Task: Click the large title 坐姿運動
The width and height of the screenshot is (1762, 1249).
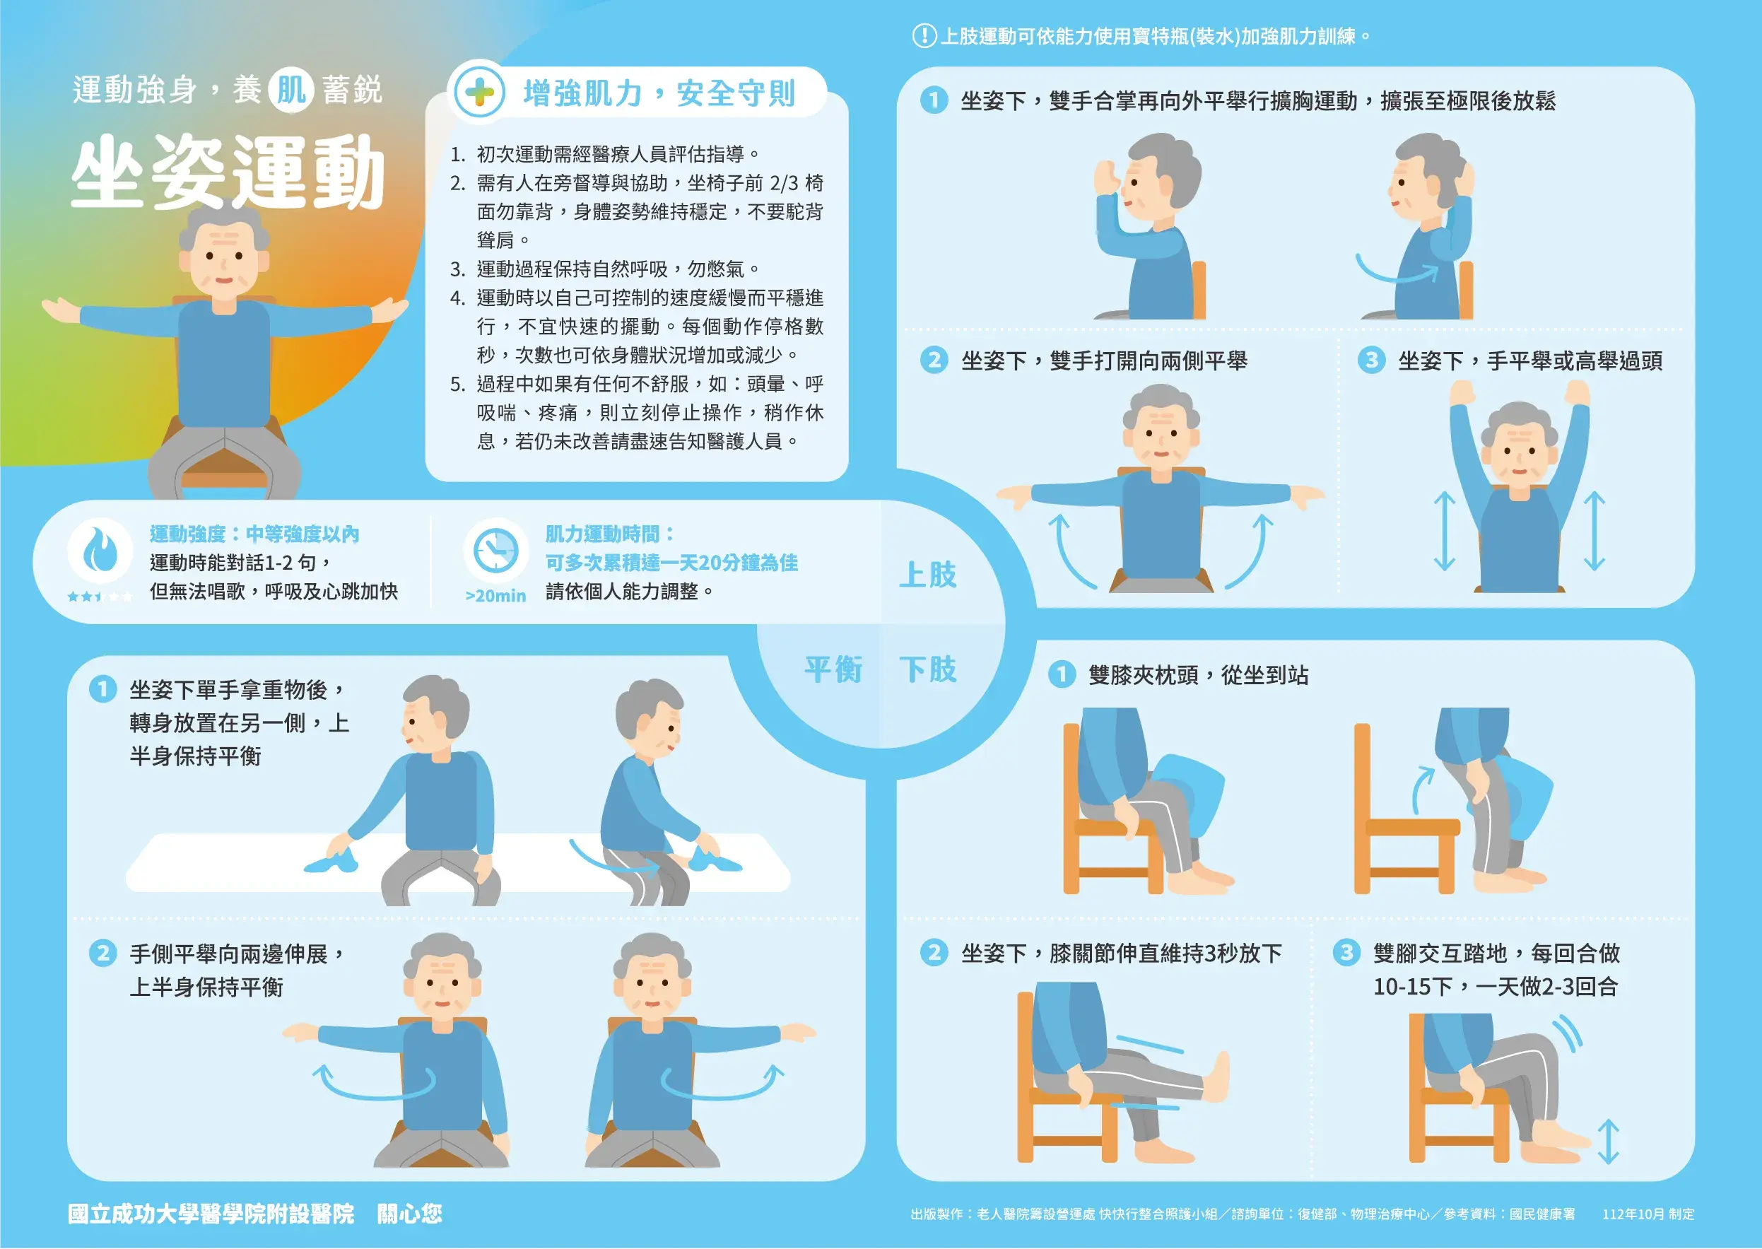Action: [228, 172]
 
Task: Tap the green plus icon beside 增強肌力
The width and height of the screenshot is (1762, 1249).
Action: [479, 93]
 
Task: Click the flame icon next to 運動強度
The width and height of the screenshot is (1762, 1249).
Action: [99, 549]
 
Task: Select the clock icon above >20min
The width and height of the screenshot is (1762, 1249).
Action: [495, 551]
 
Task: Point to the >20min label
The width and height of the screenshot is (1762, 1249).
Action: [495, 596]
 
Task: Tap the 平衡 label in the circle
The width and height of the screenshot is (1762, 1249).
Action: [833, 670]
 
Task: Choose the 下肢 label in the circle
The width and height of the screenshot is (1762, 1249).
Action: [927, 670]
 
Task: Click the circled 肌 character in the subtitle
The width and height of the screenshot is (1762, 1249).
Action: [290, 90]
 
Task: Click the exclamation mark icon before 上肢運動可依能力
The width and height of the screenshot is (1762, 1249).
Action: [924, 36]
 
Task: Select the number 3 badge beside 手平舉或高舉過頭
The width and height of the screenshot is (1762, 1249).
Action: [1370, 360]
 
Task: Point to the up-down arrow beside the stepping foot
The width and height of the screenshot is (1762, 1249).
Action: [1608, 1142]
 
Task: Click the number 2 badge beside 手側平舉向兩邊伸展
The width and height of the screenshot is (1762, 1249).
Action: [102, 954]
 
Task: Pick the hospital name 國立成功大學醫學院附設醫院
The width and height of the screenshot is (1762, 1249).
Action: [211, 1214]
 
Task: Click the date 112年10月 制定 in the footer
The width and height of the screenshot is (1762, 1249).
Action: [1648, 1214]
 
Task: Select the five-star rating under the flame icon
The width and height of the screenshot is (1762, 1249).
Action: [99, 596]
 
